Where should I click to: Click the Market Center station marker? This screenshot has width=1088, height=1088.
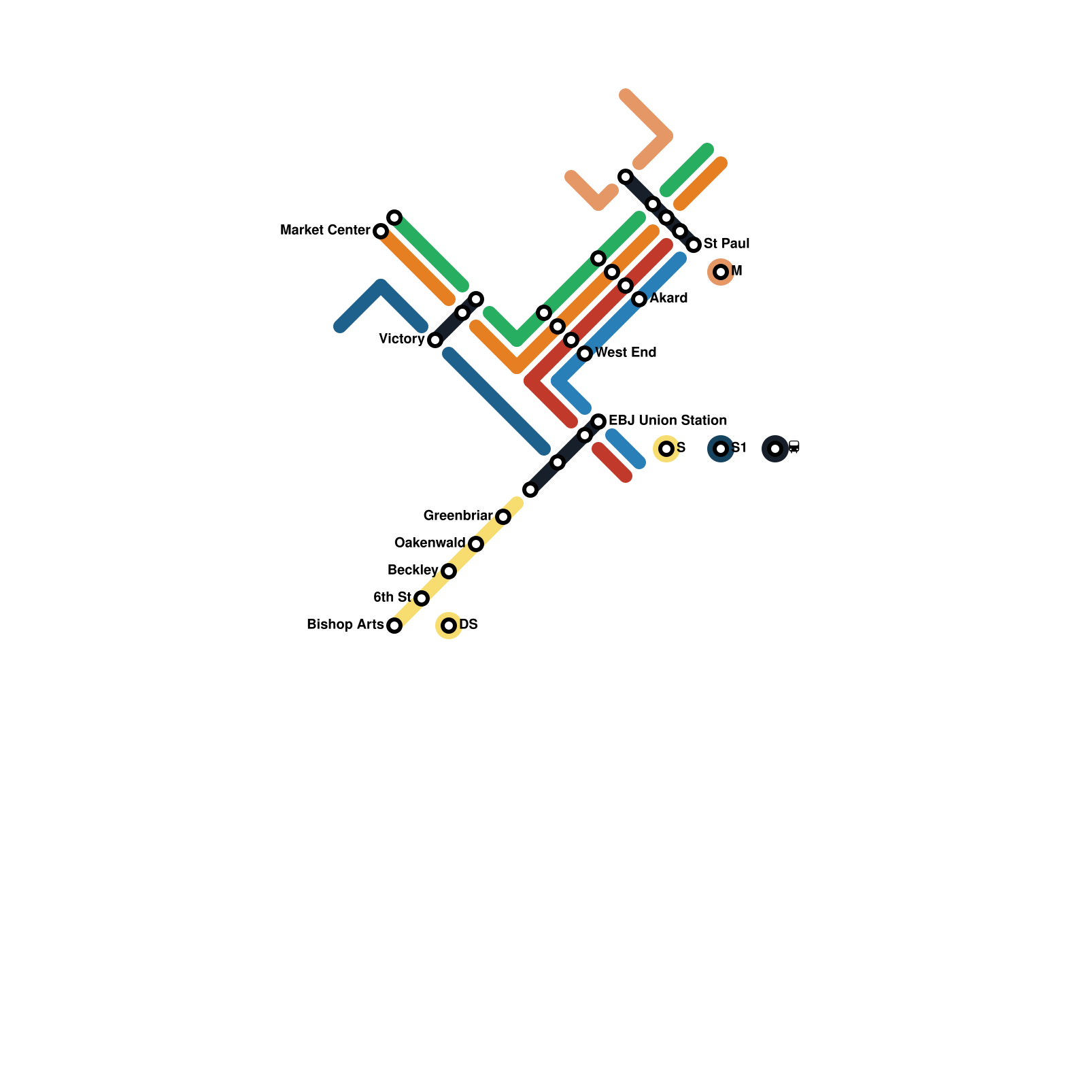(381, 231)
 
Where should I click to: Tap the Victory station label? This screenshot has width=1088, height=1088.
(401, 339)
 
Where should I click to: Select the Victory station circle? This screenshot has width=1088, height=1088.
(435, 340)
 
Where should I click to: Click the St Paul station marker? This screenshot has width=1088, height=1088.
(694, 245)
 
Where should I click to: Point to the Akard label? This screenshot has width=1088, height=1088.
(668, 298)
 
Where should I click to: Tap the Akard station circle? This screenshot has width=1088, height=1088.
(639, 299)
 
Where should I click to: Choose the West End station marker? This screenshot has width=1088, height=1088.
(585, 354)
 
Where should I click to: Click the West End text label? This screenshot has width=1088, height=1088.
(626, 352)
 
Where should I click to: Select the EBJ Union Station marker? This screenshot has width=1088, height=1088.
(598, 422)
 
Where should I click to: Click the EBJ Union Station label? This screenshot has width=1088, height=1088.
(668, 420)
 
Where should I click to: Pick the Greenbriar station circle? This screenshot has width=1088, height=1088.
(503, 517)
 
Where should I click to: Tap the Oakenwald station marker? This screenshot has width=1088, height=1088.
(476, 544)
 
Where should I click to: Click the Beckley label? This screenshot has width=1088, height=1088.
(413, 570)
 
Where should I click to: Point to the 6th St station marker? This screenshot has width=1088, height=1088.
(422, 598)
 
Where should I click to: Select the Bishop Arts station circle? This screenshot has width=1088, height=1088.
(394, 626)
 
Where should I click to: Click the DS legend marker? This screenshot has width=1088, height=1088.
(449, 626)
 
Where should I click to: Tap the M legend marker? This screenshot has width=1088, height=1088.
(721, 272)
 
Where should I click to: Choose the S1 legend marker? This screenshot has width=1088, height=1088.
(721, 449)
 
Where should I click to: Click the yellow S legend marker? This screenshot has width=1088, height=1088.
(666, 449)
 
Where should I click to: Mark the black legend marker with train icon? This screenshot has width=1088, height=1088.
(775, 449)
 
